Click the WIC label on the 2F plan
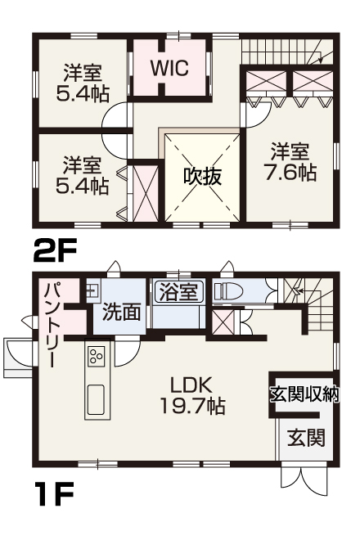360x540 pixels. pos(169,67)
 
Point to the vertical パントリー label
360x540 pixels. pos(51,322)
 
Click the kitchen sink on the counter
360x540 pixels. pos(96,399)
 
